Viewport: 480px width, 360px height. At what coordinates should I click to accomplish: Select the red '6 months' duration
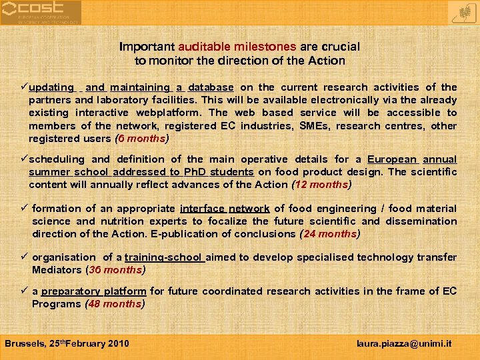click(x=142, y=139)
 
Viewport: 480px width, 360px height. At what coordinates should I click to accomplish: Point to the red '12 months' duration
click(x=321, y=185)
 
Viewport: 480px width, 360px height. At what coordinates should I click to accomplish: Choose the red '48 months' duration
click(x=115, y=304)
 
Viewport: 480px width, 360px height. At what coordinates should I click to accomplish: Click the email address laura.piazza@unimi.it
click(x=405, y=344)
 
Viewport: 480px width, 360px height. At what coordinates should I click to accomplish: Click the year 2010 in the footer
click(x=118, y=344)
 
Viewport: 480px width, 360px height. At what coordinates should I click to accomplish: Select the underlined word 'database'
click(x=211, y=87)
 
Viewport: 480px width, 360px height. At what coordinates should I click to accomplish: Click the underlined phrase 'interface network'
click(x=225, y=209)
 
